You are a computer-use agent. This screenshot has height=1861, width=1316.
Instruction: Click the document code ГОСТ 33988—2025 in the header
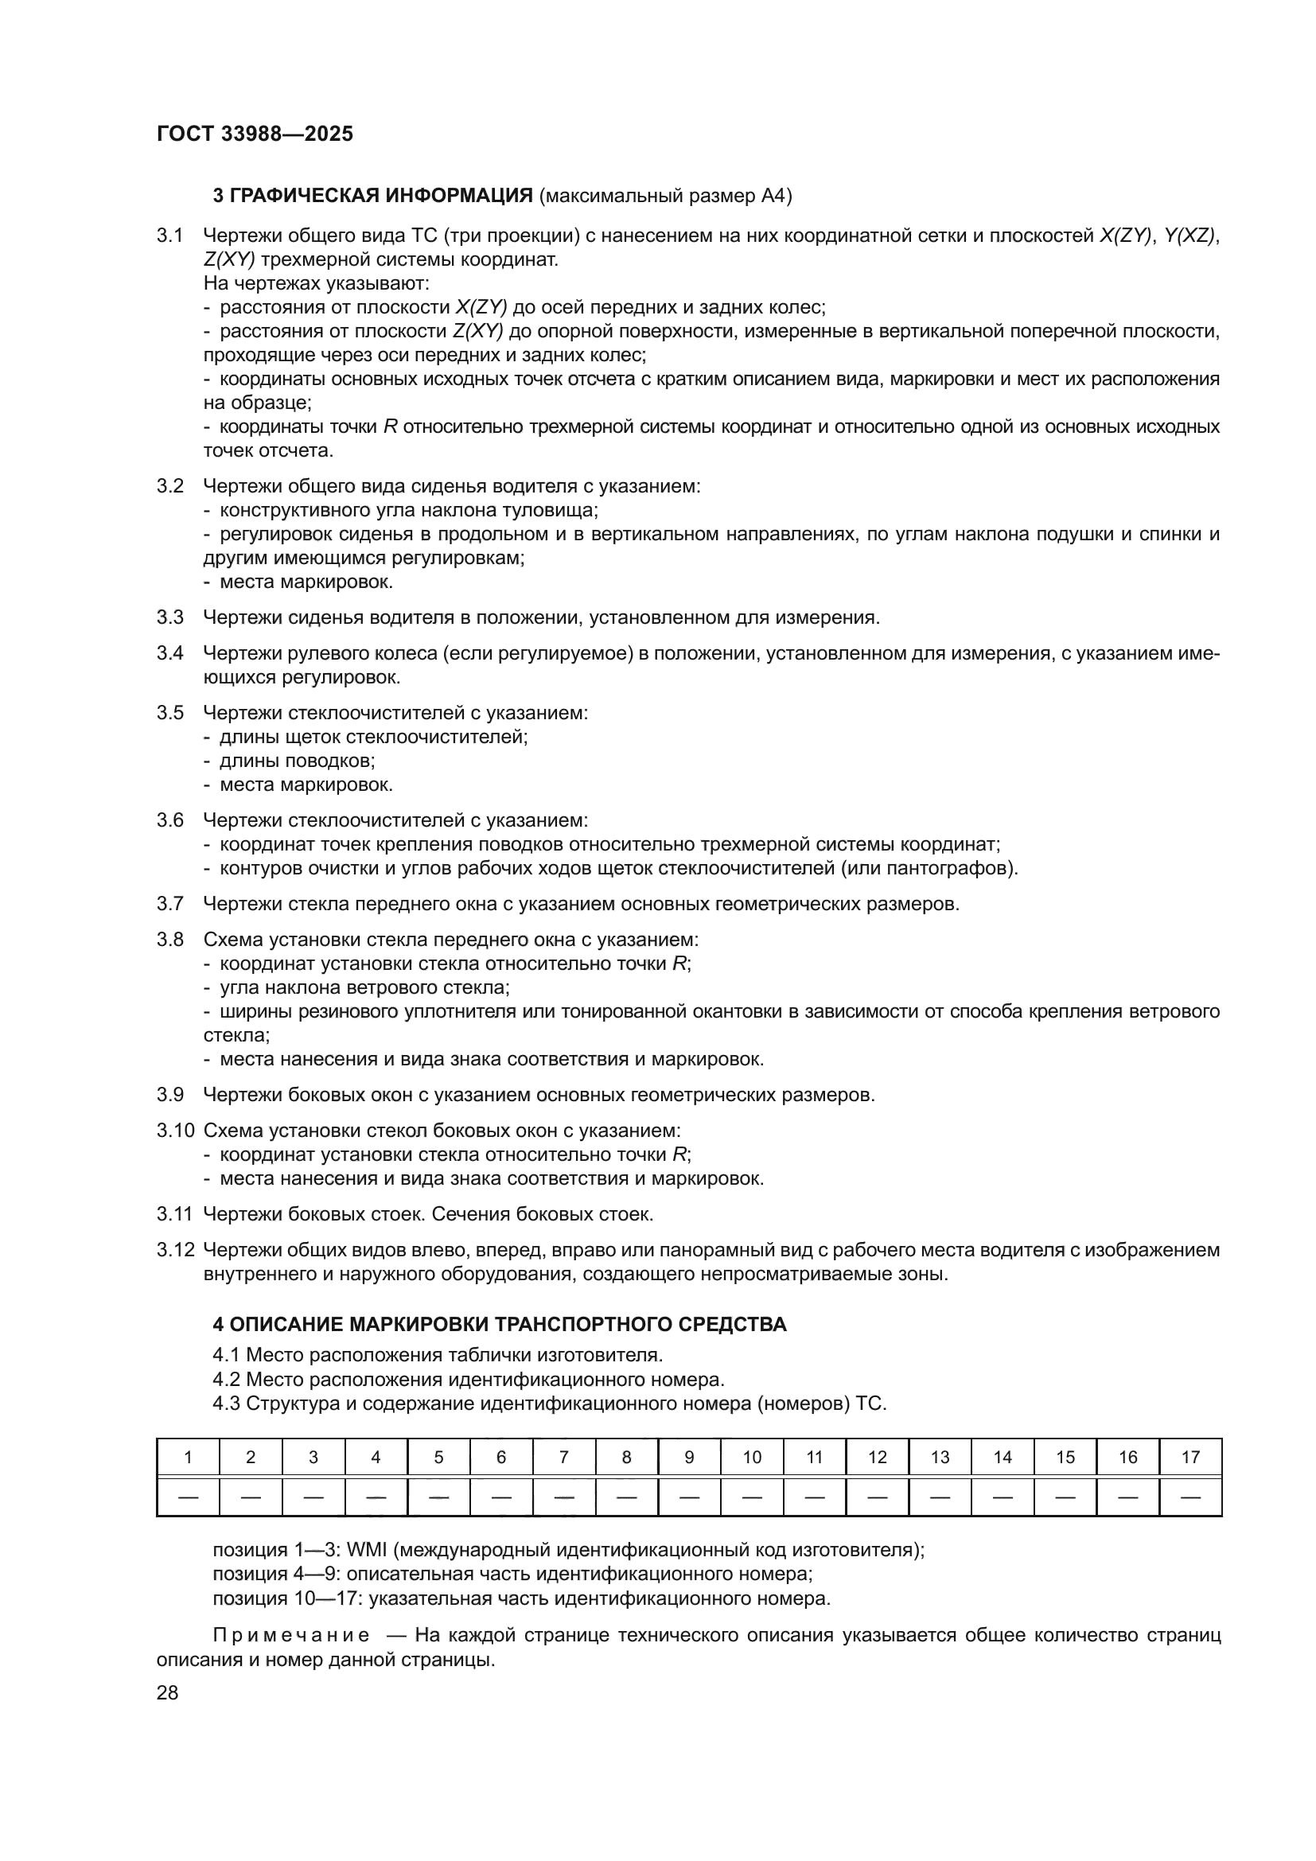coord(255,134)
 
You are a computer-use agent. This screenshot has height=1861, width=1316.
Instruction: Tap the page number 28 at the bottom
coord(167,1692)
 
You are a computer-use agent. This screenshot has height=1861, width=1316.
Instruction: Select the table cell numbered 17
coord(1189,1458)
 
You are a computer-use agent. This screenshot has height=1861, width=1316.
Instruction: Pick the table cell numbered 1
coord(188,1458)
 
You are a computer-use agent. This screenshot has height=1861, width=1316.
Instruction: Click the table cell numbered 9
coord(689,1458)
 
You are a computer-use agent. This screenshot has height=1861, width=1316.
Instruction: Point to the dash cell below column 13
coord(939,1497)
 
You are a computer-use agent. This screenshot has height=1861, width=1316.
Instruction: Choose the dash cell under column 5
coord(438,1497)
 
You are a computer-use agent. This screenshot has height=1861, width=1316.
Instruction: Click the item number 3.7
coord(170,904)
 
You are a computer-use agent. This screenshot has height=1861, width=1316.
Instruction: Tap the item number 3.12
coord(175,1250)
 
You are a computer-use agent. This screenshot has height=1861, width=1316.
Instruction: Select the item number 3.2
coord(170,486)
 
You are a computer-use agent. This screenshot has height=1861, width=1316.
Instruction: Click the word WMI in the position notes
coord(366,1551)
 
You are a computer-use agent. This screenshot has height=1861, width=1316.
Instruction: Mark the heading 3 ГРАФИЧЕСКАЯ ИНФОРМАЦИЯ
coord(372,197)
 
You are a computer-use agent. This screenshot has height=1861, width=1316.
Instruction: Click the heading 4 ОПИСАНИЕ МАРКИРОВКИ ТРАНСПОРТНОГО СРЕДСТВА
coord(499,1326)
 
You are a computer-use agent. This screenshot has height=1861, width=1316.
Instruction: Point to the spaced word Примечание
coord(291,1636)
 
